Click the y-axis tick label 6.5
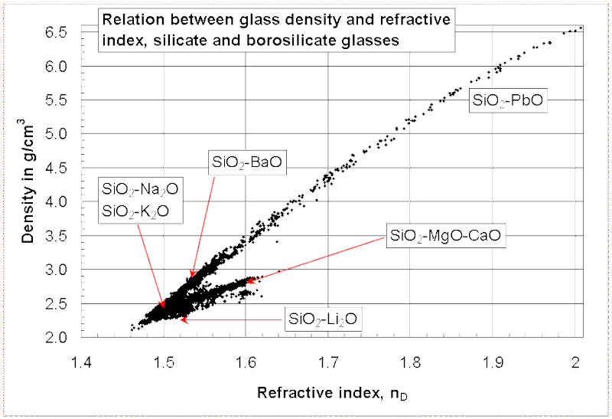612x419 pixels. (59, 31)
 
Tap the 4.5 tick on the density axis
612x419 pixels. (59, 168)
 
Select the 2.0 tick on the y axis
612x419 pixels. (59, 337)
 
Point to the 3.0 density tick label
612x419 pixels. (59, 270)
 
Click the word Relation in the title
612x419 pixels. (129, 23)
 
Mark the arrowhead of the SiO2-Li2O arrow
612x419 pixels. (180, 319)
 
